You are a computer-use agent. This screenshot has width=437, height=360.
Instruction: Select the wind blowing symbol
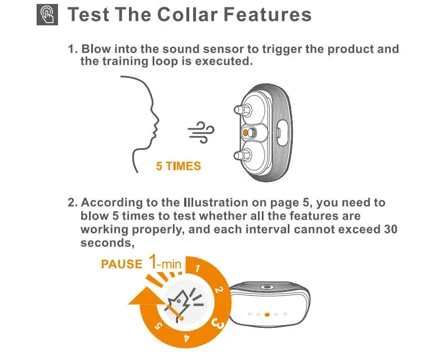click(x=202, y=133)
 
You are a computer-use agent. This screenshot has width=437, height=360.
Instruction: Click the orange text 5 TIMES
click(x=179, y=167)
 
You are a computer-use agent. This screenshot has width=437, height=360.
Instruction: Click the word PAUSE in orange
click(x=121, y=264)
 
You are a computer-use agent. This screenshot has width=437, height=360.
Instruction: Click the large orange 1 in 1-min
click(x=154, y=261)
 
